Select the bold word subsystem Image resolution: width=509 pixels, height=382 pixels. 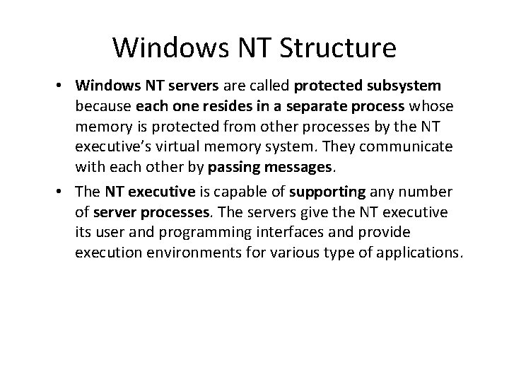pos(406,86)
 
